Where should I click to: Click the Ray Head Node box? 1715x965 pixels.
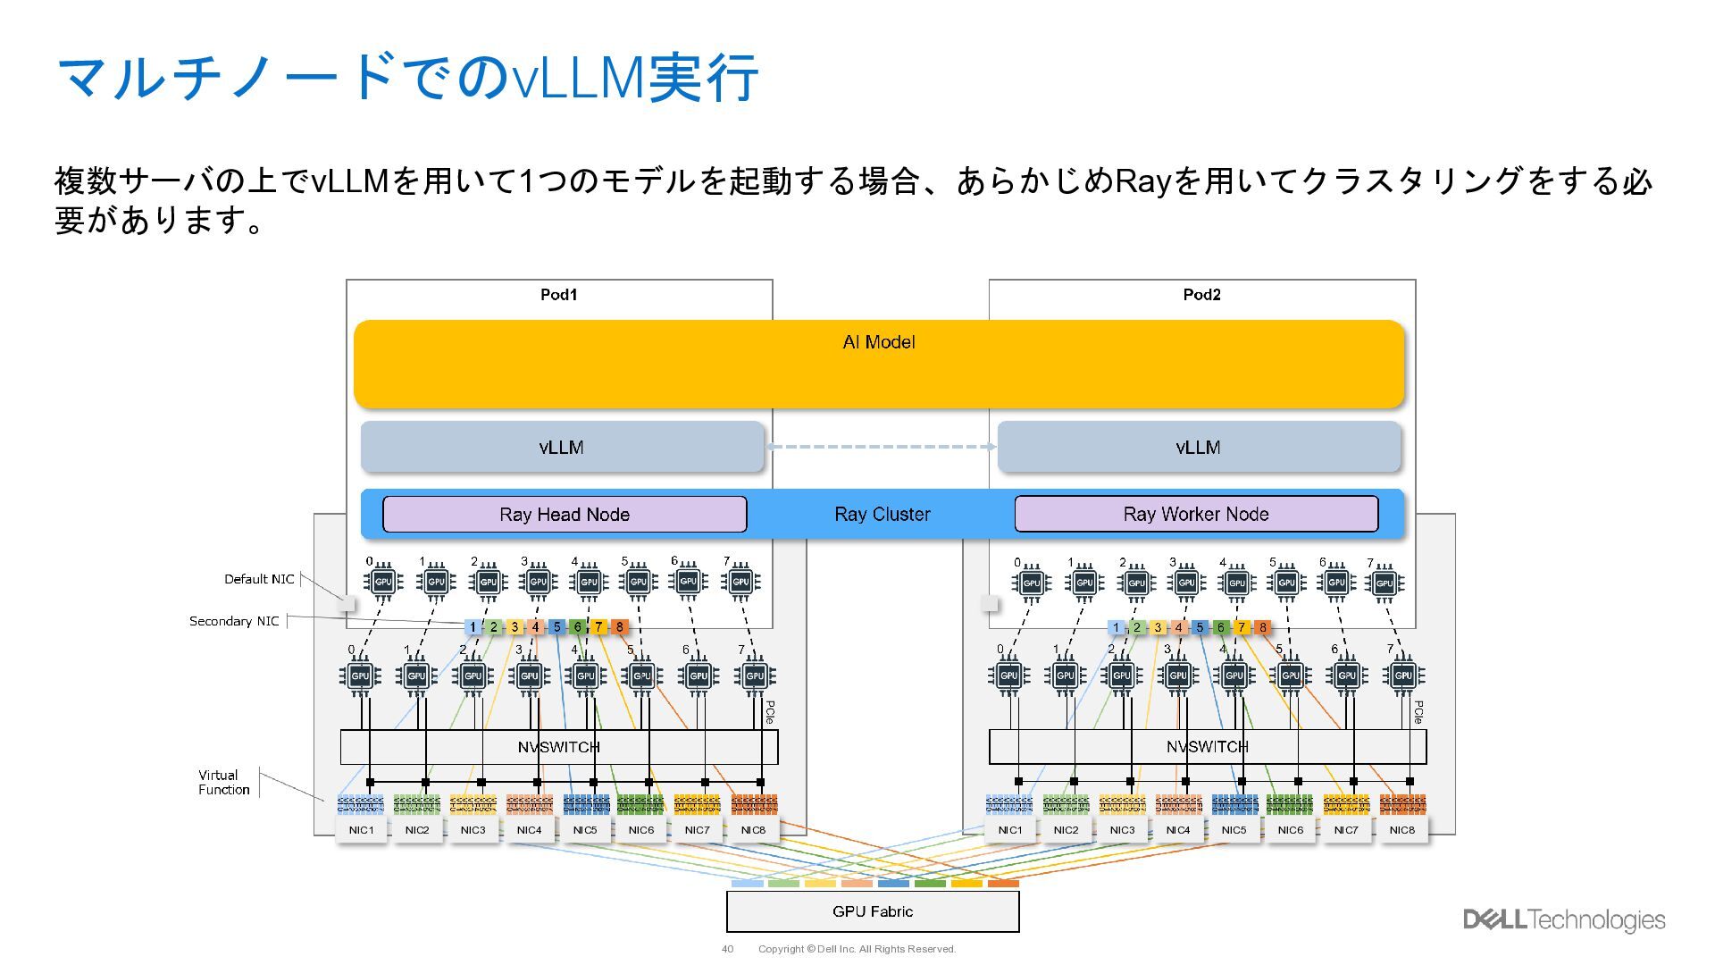click(564, 515)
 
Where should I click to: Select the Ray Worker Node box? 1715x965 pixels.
click(1195, 515)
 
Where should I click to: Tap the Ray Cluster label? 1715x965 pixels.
click(882, 515)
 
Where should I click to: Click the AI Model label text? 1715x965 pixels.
click(879, 342)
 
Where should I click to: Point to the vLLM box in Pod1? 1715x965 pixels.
click(562, 447)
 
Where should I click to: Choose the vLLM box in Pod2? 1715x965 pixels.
click(1198, 447)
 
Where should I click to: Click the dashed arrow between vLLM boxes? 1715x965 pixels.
click(881, 447)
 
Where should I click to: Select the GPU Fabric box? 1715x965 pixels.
click(872, 911)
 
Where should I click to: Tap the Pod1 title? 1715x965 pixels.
click(559, 295)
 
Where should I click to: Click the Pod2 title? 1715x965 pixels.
click(1201, 295)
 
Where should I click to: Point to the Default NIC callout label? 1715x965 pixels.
click(259, 579)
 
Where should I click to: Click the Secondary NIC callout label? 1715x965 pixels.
click(234, 621)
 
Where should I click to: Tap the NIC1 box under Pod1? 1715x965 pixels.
click(362, 830)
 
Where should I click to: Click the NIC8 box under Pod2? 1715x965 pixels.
click(1401, 830)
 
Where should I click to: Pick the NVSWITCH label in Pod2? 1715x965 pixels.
click(1207, 747)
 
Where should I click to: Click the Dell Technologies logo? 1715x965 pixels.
click(1564, 919)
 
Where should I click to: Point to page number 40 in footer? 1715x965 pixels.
click(727, 949)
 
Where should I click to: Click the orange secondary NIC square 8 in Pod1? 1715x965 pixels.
click(619, 627)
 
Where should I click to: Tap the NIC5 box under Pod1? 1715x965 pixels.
click(585, 830)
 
